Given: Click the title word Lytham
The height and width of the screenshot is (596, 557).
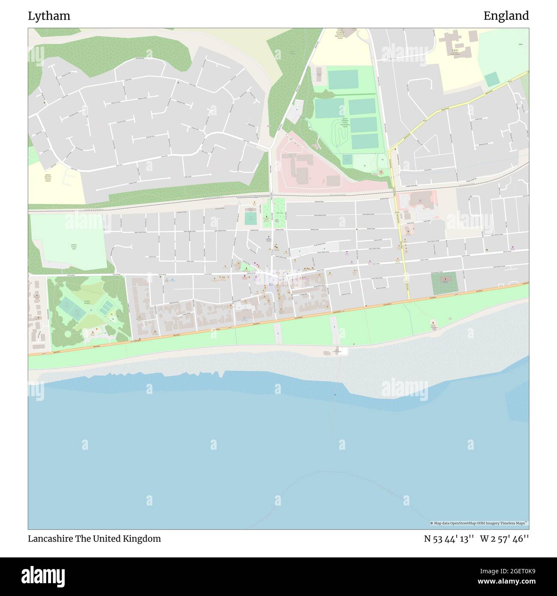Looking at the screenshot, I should (x=49, y=16).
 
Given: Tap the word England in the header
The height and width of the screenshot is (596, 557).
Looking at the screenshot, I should (x=506, y=16).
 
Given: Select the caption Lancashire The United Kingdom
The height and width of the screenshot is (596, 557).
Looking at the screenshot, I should (x=95, y=539).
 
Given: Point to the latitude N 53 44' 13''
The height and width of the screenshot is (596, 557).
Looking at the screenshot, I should (x=449, y=539).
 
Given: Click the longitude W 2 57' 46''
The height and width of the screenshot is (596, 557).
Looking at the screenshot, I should (x=504, y=539).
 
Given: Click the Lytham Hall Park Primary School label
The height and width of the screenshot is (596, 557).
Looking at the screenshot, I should (x=48, y=178).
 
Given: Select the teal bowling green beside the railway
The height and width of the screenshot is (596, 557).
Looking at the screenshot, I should (x=251, y=219).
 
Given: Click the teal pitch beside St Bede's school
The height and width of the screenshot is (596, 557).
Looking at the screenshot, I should (x=492, y=79).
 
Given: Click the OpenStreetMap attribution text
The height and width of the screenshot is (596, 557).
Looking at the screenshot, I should (x=479, y=523).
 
